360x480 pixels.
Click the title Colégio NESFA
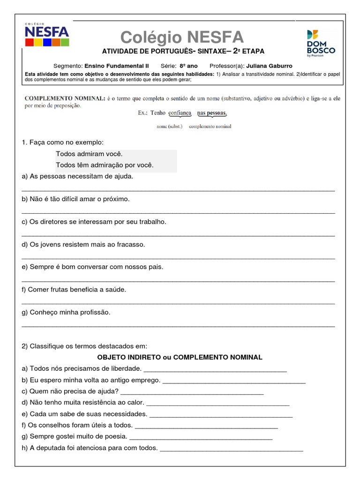[x=182, y=37]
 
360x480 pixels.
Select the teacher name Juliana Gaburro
[x=269, y=66]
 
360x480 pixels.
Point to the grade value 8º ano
[x=188, y=66]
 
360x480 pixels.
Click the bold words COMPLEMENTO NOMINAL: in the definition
[x=64, y=98]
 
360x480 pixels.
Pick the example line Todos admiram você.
[x=89, y=154]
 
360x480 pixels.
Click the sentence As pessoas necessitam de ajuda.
[x=77, y=176]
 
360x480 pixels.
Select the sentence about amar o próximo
[x=75, y=199]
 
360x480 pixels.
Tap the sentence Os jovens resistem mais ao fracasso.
[x=83, y=244]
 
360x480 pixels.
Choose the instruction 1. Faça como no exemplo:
[x=63, y=142]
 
